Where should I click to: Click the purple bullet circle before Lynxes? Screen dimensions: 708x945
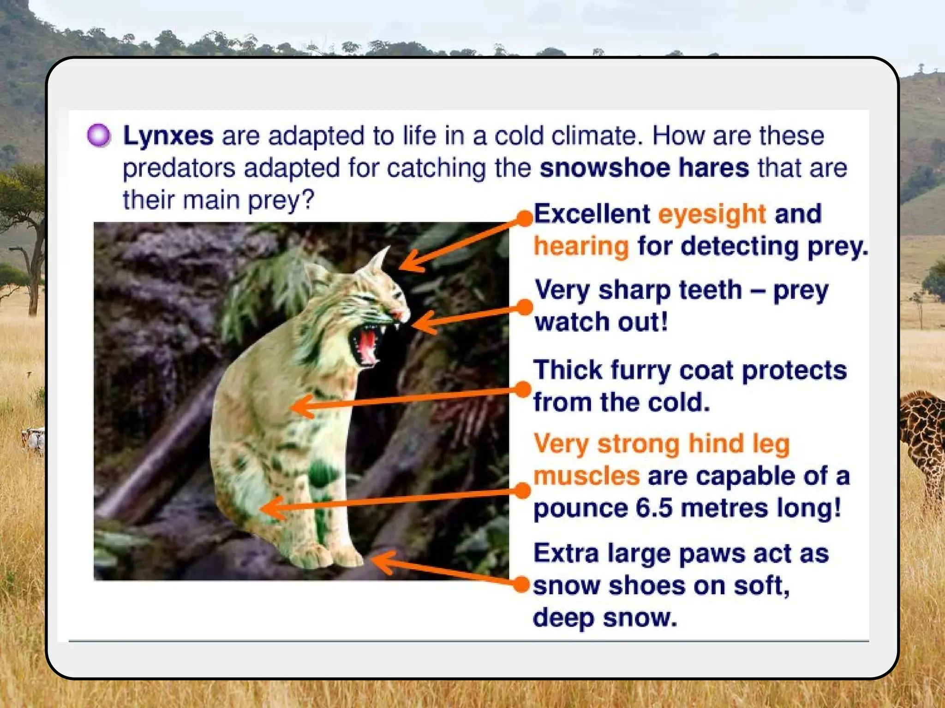coord(99,136)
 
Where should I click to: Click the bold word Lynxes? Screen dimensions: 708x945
coord(168,136)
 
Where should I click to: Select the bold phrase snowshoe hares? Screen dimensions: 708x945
coord(644,168)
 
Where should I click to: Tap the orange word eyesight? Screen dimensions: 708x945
coord(712,214)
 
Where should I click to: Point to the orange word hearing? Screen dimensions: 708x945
coord(581,246)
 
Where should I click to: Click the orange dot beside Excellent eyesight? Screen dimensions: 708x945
coord(525,218)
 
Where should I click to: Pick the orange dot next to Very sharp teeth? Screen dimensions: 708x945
coord(524,307)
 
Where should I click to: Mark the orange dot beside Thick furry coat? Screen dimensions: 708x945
coord(523,389)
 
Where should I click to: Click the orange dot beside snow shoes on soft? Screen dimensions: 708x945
coord(522,584)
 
